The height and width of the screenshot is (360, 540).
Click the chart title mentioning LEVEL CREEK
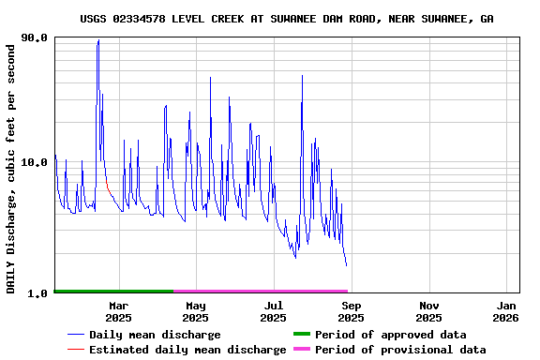click(x=287, y=19)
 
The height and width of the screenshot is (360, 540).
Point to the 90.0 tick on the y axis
click(x=36, y=38)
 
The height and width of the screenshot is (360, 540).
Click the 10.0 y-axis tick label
click(x=36, y=162)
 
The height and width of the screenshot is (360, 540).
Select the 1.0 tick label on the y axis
click(x=39, y=293)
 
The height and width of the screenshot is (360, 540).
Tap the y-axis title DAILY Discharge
click(x=11, y=167)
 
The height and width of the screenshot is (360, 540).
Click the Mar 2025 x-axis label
click(x=119, y=311)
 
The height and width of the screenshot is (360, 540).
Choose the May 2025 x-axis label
click(x=196, y=311)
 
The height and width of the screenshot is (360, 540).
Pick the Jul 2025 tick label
click(x=273, y=311)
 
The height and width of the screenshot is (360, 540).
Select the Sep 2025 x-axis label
click(x=351, y=311)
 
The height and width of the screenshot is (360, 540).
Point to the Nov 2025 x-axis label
click(x=428, y=311)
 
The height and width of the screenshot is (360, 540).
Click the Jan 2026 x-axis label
click(x=506, y=311)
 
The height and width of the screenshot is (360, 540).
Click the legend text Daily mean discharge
click(x=155, y=335)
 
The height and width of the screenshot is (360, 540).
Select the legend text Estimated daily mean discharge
click(x=187, y=350)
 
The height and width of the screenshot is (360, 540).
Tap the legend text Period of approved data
click(x=390, y=335)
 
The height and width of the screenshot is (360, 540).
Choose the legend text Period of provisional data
click(x=400, y=350)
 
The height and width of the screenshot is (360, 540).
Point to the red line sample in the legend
click(x=76, y=350)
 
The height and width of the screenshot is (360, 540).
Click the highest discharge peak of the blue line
click(x=98, y=40)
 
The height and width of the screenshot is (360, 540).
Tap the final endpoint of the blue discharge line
click(x=346, y=266)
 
